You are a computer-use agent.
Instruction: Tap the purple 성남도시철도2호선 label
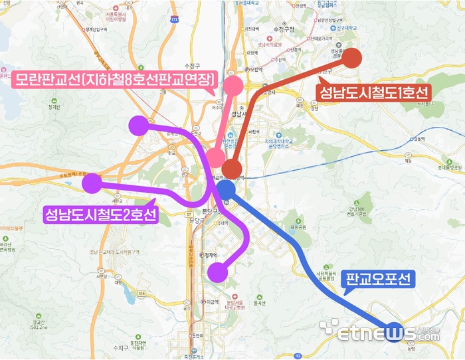100,215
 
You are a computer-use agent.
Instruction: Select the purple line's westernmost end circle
91,181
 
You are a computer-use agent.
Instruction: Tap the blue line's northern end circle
226,190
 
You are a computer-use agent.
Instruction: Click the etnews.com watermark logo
379,332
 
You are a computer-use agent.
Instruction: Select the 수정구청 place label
282,29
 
